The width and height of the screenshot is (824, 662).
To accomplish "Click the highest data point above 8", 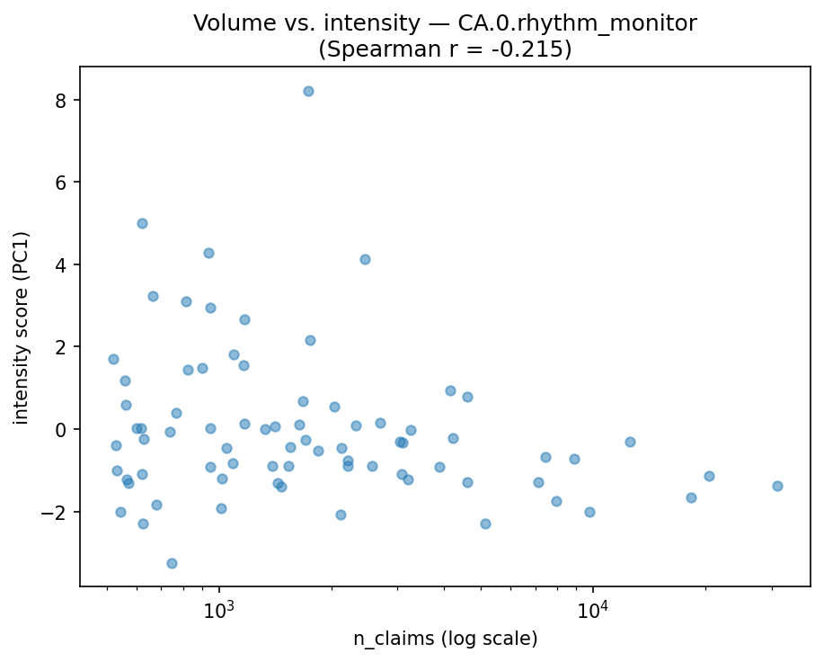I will (308, 91).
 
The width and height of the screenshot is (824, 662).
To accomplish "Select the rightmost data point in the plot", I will (777, 486).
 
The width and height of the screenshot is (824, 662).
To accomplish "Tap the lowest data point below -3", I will (172, 563).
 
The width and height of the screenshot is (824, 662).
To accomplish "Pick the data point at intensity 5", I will (142, 223).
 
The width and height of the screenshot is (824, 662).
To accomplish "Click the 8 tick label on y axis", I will (62, 100).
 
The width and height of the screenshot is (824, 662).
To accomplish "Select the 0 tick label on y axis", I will (62, 429).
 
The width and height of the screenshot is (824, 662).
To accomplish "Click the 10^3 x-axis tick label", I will (219, 609).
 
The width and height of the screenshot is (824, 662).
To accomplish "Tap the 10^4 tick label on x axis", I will (593, 609).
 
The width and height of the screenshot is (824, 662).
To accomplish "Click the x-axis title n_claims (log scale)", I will (445, 640).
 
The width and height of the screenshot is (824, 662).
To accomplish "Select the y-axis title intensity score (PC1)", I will (22, 327).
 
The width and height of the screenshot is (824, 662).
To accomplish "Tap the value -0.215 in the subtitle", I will (532, 49).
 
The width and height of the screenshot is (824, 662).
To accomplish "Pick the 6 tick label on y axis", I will (62, 182).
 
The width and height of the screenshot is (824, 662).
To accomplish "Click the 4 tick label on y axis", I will (62, 264).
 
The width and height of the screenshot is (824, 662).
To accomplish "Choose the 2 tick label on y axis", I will (62, 347).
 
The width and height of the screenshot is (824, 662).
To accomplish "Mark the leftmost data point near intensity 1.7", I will (113, 359).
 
